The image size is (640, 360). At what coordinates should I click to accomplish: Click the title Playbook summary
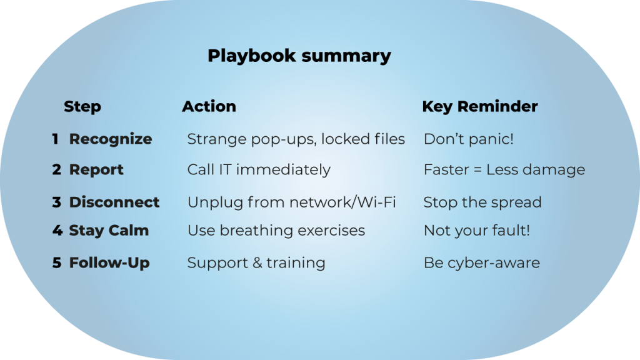299,56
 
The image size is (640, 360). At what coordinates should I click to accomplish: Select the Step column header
82,107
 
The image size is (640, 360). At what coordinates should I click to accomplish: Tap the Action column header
209,106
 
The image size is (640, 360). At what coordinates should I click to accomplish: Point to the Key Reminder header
480,107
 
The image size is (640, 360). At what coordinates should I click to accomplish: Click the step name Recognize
111,139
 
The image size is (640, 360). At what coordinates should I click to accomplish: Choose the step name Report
96,170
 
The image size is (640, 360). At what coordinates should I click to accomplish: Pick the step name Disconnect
114,202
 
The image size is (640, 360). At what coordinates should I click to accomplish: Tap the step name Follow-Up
109,263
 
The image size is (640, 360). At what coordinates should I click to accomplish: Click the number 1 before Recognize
56,139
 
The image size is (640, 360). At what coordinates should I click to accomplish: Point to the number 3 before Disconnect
57,202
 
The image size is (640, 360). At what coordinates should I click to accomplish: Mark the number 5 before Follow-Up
57,263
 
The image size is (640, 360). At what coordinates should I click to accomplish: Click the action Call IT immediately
259,170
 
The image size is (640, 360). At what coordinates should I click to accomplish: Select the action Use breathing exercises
276,231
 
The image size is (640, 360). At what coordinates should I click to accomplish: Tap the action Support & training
256,263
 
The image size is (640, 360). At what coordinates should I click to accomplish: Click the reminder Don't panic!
469,139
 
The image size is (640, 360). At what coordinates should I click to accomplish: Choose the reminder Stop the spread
482,202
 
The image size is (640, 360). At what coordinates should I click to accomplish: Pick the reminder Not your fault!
477,231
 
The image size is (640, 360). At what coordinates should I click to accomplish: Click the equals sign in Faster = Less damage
477,170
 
